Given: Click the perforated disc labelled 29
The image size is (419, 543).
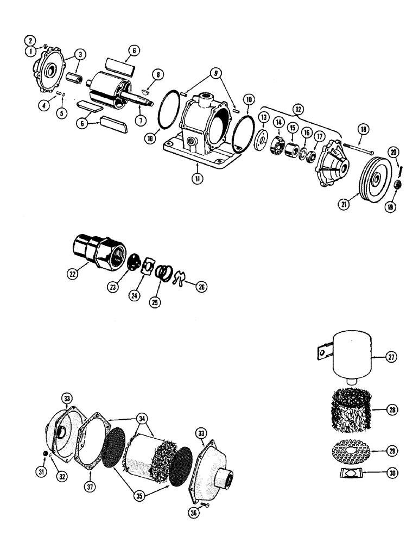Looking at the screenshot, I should click(351, 450).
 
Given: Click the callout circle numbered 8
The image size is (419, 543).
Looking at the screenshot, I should click(158, 74).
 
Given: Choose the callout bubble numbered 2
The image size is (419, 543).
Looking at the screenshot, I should click(31, 41).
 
